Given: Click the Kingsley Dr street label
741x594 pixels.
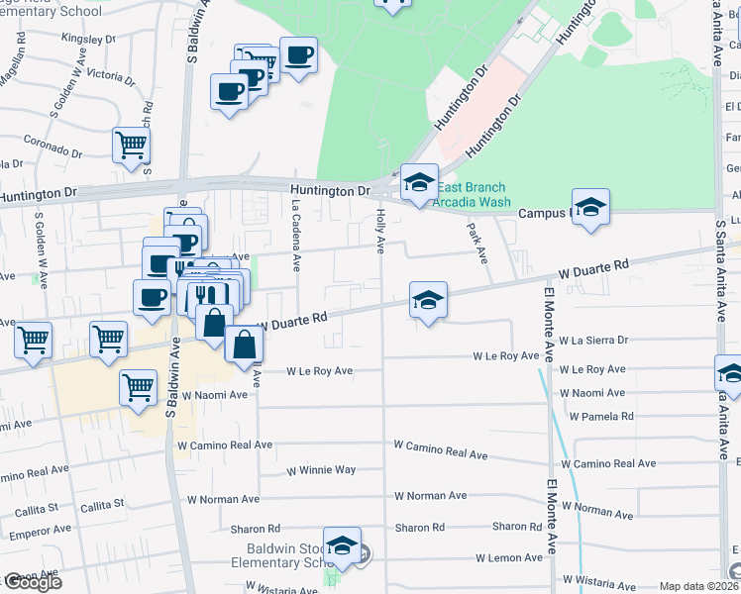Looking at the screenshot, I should [88, 40].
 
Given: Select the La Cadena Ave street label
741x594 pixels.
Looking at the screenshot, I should [295, 234].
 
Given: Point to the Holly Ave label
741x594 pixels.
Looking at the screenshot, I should [380, 230].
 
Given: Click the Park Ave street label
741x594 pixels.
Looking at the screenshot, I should [476, 243].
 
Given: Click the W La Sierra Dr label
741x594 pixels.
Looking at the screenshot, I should [593, 340].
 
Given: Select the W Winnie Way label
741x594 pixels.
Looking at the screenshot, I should [321, 470].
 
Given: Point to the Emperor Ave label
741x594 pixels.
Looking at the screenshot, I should [37, 535].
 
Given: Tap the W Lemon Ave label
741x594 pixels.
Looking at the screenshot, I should [508, 558].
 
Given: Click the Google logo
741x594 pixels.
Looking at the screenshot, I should [32, 582].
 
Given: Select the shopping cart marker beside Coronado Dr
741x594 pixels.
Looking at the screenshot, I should [131, 146].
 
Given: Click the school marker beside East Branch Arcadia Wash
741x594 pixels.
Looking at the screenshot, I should [419, 182].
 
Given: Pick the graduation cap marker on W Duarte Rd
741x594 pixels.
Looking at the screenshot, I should [428, 300].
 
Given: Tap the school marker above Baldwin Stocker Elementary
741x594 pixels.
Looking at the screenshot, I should [343, 545].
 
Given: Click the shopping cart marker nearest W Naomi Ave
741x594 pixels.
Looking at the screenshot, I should [139, 386].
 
